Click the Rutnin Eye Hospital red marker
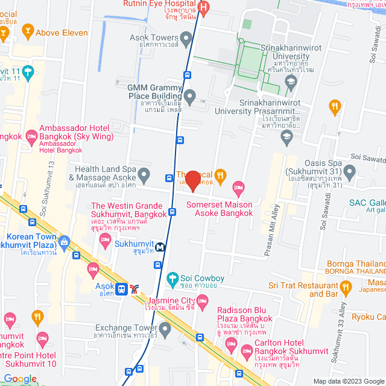pos(204,8)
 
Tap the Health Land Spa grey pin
pos(144,176)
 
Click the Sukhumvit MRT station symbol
pos(160,246)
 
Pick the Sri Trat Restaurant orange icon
pos(345,286)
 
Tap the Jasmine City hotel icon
pos(203,300)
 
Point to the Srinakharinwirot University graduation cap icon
pos(291,81)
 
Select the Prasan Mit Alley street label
pos(272,229)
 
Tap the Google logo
pos(20,379)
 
